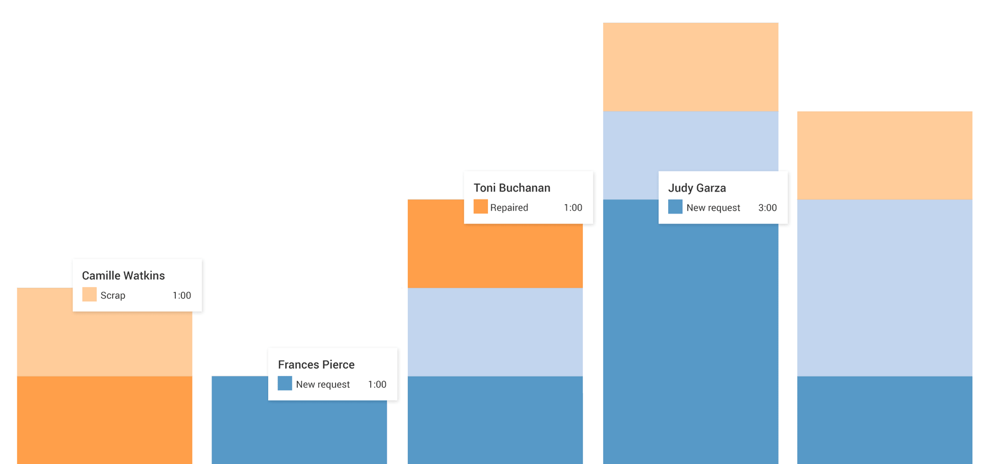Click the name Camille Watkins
tap(123, 276)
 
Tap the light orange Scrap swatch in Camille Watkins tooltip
tap(89, 295)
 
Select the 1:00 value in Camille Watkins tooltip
tap(181, 295)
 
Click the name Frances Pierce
tap(316, 365)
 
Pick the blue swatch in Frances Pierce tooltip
tap(285, 384)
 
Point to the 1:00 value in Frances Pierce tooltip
tap(377, 384)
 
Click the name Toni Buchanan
tap(512, 188)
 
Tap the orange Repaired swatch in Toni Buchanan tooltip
tap(480, 207)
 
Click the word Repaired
tap(509, 208)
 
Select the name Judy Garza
tap(697, 188)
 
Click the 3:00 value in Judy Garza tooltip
tap(767, 208)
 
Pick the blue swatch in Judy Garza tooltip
tap(675, 207)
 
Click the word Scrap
tap(113, 295)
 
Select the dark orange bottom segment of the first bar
tap(104, 420)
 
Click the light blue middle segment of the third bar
tap(494, 332)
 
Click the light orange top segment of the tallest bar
tap(690, 66)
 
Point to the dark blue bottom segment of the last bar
tap(884, 420)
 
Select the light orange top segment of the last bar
tap(884, 155)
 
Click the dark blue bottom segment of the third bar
tap(494, 420)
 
